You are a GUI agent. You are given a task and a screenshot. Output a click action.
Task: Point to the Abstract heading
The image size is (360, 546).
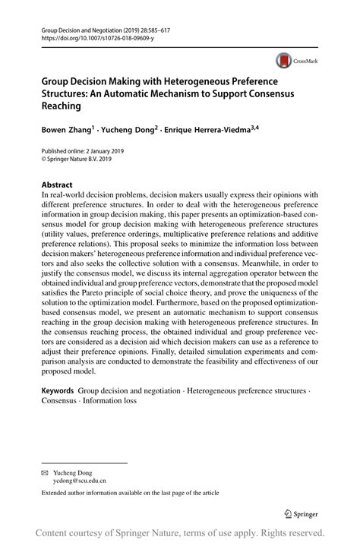[x=57, y=185]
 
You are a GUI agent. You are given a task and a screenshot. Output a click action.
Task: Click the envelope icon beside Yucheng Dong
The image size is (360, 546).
[x=45, y=471]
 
